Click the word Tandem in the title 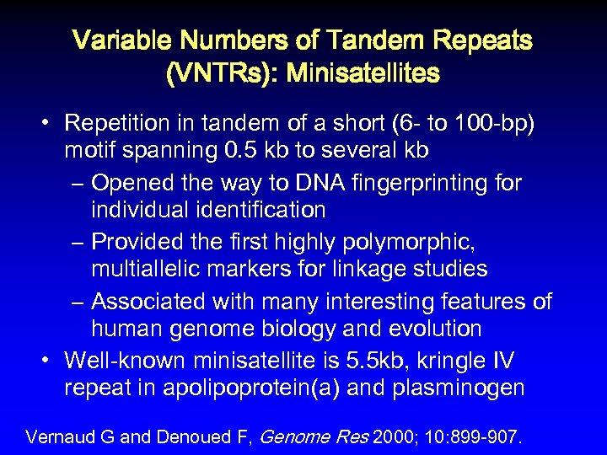[x=368, y=40]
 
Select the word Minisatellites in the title [x=363, y=74]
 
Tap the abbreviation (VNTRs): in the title [x=221, y=74]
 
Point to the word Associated [x=155, y=301]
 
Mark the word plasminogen [x=460, y=388]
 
